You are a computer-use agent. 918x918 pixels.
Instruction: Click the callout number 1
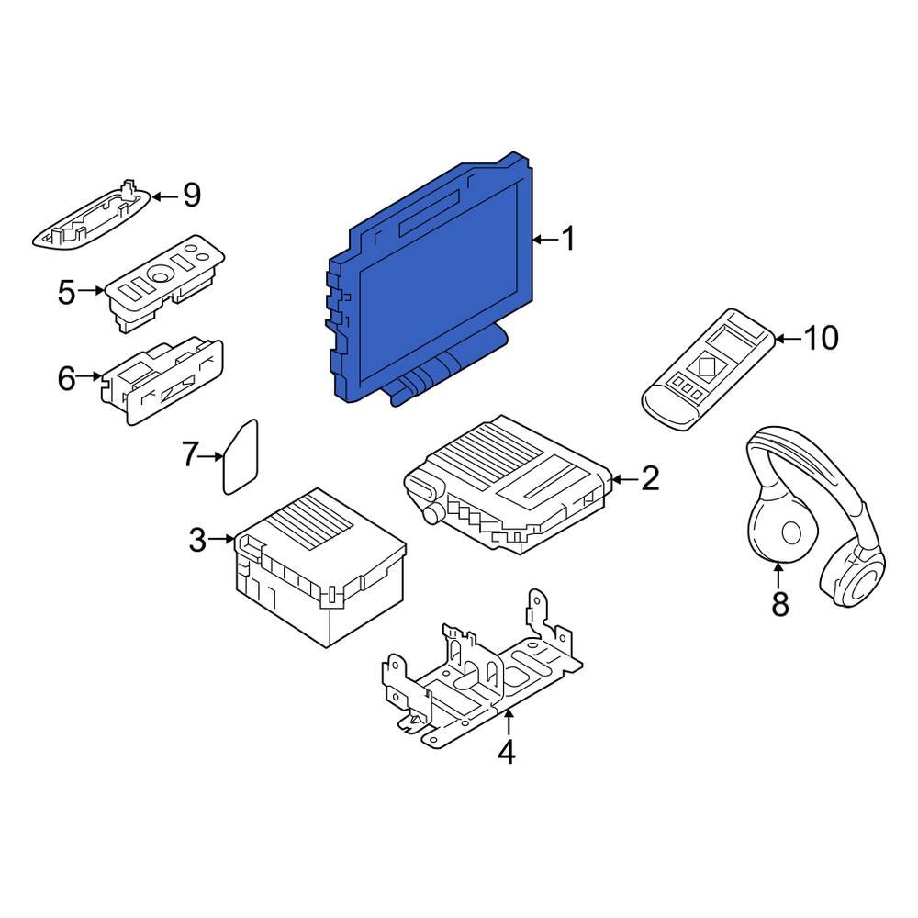[568, 239]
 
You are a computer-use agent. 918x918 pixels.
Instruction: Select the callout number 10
[822, 338]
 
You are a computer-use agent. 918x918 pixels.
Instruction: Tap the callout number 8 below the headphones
[779, 603]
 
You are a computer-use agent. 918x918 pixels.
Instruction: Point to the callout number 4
[507, 752]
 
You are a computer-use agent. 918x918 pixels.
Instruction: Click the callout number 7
[190, 455]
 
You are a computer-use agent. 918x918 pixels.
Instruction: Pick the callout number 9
[192, 195]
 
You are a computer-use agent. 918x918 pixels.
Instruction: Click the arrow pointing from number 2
[624, 479]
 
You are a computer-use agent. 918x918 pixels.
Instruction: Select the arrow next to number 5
[91, 290]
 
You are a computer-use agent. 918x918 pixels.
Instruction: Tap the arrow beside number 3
[222, 538]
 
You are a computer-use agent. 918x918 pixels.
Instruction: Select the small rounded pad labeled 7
[240, 456]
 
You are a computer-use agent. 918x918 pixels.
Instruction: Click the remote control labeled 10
[709, 370]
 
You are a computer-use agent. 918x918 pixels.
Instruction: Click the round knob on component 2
[434, 514]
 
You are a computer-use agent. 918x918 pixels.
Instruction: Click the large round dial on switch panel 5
[159, 273]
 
